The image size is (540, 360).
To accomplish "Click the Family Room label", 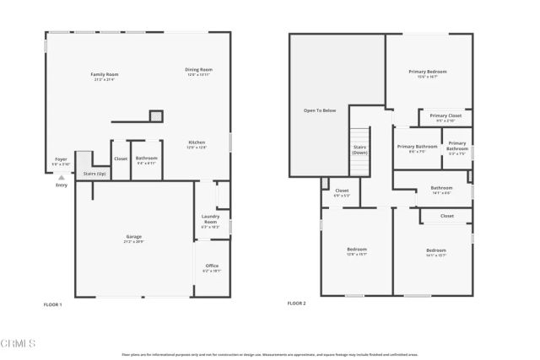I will (104, 77).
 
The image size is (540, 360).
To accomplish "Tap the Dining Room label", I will (199, 71).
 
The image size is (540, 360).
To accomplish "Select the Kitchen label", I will (197, 145).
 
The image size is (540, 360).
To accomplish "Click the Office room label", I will (212, 268).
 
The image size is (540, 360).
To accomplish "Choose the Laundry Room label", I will (210, 222).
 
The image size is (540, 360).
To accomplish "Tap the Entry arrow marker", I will (61, 178).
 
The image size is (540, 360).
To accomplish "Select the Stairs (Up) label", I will (94, 174).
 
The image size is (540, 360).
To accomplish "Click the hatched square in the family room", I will (156, 116).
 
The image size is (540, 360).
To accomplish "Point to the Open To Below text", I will (319, 110).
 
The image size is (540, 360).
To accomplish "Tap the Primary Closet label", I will (445, 117).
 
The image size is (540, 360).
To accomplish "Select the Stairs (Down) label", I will (360, 149).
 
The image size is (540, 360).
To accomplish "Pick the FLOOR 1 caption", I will (52, 304).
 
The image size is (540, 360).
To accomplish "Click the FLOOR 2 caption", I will (296, 304).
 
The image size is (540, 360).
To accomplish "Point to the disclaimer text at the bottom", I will (270, 355).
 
